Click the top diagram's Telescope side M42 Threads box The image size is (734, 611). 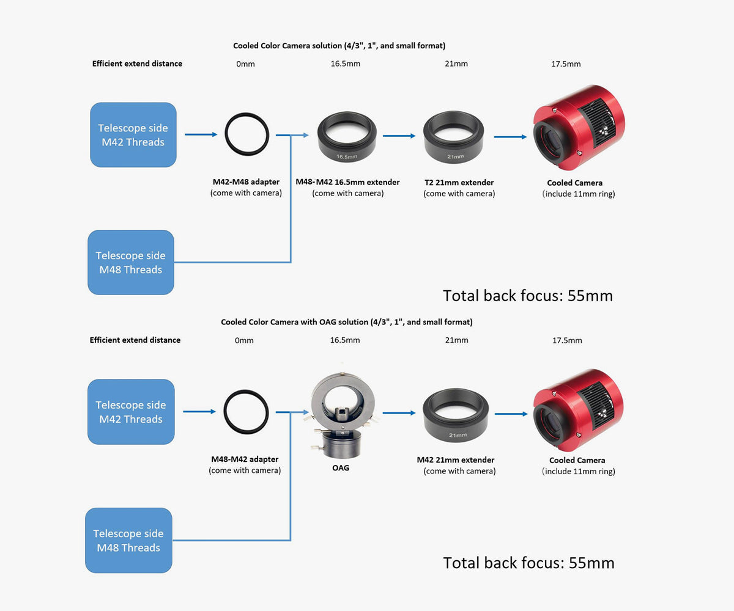[x=133, y=135]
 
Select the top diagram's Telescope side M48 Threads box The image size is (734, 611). [x=131, y=263]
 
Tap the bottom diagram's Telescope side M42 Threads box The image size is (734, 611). [x=131, y=412]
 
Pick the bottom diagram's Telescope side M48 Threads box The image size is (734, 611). [x=128, y=541]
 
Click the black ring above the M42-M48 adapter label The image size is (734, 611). [x=247, y=135]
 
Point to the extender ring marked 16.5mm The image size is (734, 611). [x=347, y=138]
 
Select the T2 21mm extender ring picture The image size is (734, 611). [x=454, y=138]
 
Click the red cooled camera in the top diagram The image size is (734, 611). [x=577, y=127]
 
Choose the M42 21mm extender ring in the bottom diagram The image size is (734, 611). [x=455, y=416]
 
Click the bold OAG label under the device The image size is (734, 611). [x=340, y=468]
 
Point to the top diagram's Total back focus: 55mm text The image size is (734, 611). [x=528, y=296]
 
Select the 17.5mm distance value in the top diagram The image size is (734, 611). [x=566, y=64]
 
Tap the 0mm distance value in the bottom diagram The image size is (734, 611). [x=244, y=340]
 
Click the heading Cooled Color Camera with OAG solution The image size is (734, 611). [x=346, y=322]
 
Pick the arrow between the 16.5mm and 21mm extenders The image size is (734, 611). [x=398, y=137]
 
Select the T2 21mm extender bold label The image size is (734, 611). [x=459, y=183]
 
